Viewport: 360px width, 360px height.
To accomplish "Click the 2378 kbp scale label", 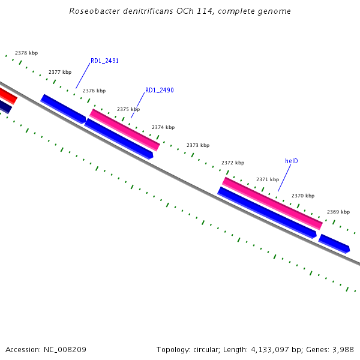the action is [26, 53].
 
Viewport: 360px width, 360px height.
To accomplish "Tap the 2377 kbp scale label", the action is [60, 72].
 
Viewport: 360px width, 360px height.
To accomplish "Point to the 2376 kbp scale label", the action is [94, 91].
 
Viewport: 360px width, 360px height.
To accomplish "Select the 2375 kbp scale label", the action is [128, 109].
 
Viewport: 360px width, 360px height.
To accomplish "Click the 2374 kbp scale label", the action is [163, 127].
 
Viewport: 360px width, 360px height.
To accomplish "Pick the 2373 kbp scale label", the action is [198, 145].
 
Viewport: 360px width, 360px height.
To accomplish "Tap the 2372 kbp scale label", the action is [233, 163].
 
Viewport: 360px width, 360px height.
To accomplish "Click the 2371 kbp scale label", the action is [268, 179].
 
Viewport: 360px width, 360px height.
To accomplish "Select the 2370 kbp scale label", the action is [303, 196].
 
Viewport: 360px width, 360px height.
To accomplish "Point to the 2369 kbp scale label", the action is [338, 212].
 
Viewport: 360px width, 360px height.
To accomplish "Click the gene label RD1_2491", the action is [104, 61].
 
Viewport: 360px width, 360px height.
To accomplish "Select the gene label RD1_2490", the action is [160, 91].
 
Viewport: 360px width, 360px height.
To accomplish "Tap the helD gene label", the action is [292, 161].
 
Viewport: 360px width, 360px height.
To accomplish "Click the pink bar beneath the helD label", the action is [272, 203].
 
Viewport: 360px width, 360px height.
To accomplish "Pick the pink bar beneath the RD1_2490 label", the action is [125, 130].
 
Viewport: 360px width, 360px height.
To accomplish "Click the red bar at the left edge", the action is [8, 96].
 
